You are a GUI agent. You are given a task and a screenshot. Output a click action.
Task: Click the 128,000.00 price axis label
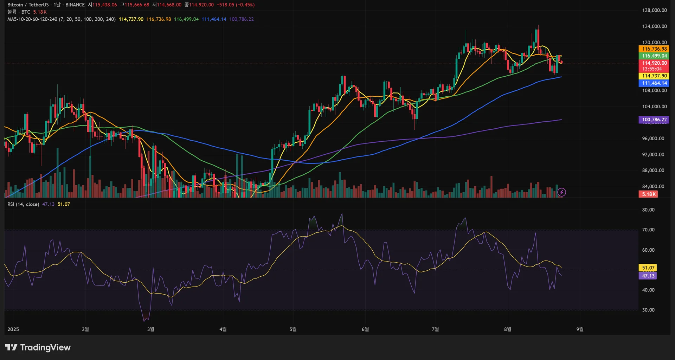pyautogui.click(x=654, y=11)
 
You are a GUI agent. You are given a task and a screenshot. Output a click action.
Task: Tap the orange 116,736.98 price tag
pyautogui.click(x=654, y=49)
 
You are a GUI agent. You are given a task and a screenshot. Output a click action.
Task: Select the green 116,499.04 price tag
pyautogui.click(x=654, y=56)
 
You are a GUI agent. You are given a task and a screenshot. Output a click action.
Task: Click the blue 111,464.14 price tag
pyautogui.click(x=654, y=83)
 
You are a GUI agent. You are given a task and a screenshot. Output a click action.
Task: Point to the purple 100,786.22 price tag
pyautogui.click(x=654, y=120)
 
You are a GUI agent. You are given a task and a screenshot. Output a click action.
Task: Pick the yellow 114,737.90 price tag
pyautogui.click(x=654, y=76)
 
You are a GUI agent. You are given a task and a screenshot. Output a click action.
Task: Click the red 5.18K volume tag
pyautogui.click(x=648, y=194)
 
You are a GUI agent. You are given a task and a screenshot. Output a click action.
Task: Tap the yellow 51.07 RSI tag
pyautogui.click(x=648, y=268)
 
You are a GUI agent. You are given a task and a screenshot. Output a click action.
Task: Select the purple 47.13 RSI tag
pyautogui.click(x=648, y=276)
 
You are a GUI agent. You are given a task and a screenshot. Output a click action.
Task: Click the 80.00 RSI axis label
pyautogui.click(x=648, y=210)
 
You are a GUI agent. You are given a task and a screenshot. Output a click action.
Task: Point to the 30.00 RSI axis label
pyautogui.click(x=648, y=310)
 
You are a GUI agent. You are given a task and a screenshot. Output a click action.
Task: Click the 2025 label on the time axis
pyautogui.click(x=13, y=329)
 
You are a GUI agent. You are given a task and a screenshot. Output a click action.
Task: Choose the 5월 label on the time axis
pyautogui.click(x=293, y=329)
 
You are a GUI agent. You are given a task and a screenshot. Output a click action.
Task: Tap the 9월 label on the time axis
pyautogui.click(x=580, y=329)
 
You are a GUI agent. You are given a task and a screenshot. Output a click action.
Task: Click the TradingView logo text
pyautogui.click(x=45, y=348)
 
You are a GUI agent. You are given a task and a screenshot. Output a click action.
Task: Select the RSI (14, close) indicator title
pyautogui.click(x=23, y=204)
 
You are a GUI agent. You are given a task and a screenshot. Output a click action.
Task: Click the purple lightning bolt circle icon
pyautogui.click(x=562, y=192)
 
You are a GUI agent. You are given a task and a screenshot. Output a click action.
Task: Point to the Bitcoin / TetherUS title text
pyautogui.click(x=28, y=5)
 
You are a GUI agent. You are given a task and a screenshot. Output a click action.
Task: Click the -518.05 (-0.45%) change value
pyautogui.click(x=236, y=5)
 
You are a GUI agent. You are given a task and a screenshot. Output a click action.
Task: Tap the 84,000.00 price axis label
pyautogui.click(x=653, y=187)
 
